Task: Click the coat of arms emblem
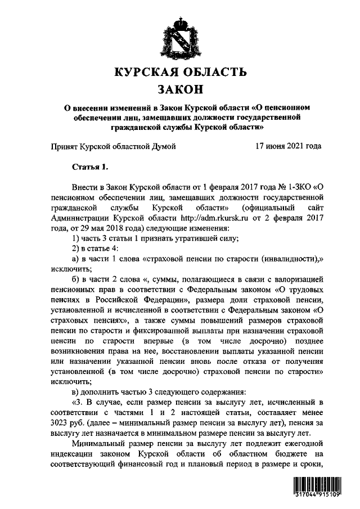point(180,35)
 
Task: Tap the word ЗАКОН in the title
point(180,89)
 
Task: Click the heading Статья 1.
point(89,166)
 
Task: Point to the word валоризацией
point(301,281)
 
